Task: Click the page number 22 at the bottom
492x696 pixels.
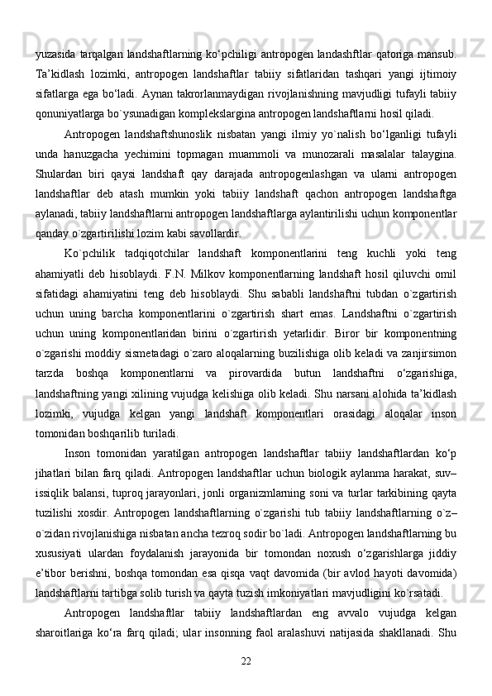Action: pos(246,661)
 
